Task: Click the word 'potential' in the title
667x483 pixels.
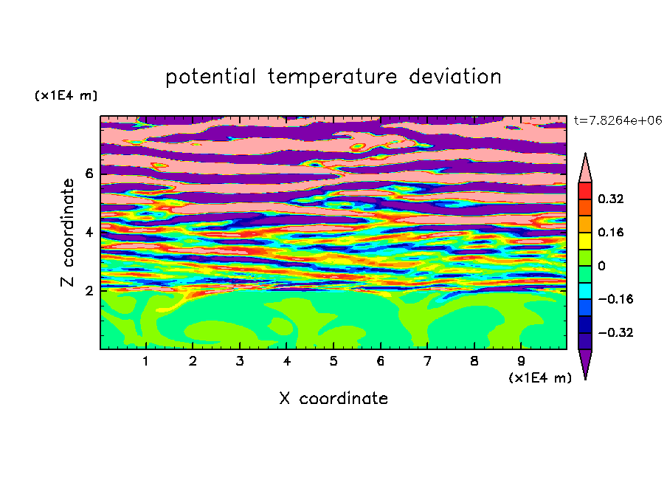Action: (x=210, y=77)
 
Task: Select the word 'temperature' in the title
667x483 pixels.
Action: (x=333, y=77)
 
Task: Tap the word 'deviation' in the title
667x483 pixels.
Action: (x=455, y=76)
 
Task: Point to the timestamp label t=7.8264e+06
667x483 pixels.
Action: (x=618, y=120)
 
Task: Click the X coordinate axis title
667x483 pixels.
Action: (x=333, y=398)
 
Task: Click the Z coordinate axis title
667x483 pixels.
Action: (x=67, y=233)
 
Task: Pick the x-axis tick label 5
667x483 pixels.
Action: (x=333, y=361)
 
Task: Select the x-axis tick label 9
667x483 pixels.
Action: (x=521, y=361)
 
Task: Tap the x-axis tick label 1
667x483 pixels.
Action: (x=145, y=361)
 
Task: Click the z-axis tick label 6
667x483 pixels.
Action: (x=89, y=174)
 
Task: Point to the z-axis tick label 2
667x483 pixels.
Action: (x=89, y=291)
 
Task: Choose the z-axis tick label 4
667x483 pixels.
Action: (x=89, y=232)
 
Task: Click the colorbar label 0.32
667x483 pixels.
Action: (x=610, y=199)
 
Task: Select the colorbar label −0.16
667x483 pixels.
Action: (x=615, y=299)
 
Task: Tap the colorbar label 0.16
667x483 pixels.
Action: (x=610, y=232)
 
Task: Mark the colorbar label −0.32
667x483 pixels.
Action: (x=615, y=332)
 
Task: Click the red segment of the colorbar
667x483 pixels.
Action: (x=585, y=191)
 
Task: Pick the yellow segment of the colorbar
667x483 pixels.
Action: (x=585, y=241)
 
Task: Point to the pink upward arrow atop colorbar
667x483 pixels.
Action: (x=585, y=168)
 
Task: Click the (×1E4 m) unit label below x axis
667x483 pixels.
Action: (x=540, y=378)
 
